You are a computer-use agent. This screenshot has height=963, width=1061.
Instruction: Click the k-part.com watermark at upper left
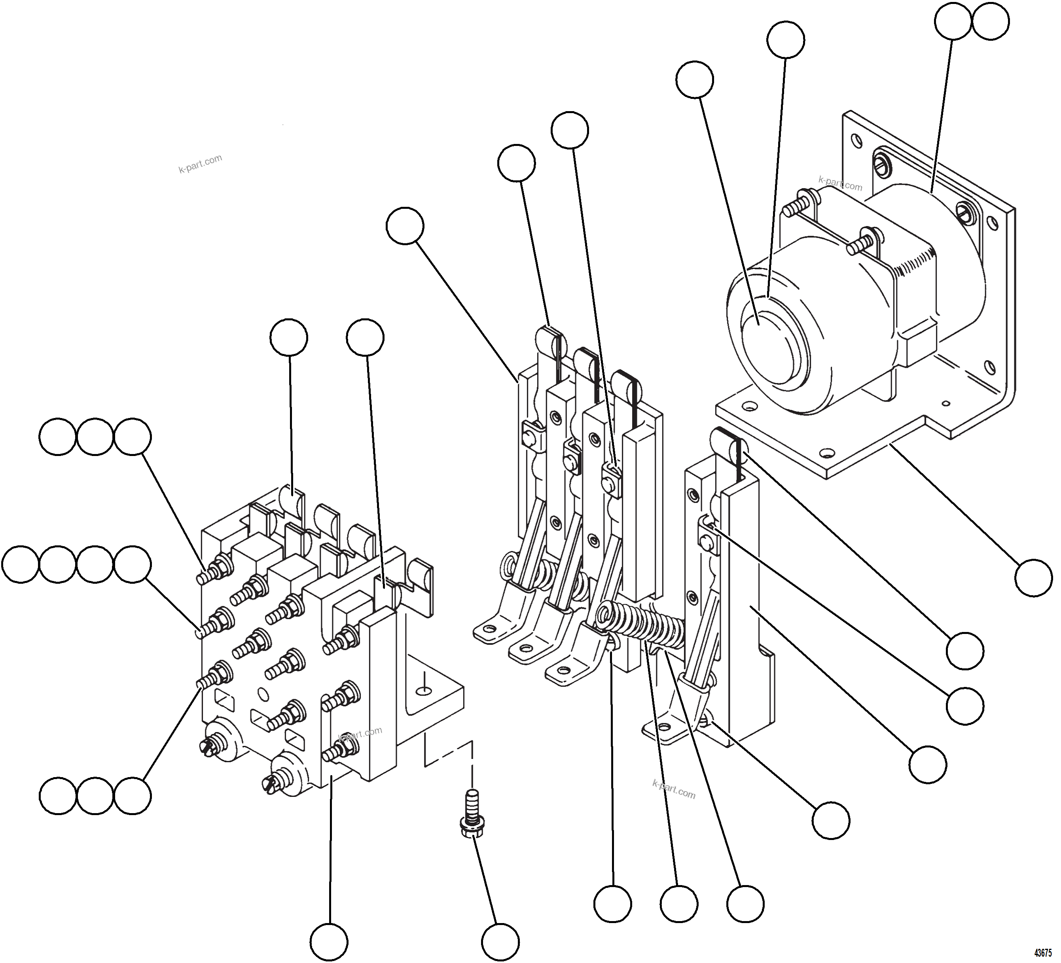200,164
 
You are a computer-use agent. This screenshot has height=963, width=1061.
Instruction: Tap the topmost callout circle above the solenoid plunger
785,40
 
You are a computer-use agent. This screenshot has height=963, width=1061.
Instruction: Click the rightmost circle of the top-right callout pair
991,22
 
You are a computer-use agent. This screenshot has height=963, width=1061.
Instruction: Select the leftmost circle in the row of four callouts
21,564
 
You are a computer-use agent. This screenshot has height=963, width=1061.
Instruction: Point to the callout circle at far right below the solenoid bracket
1034,578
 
